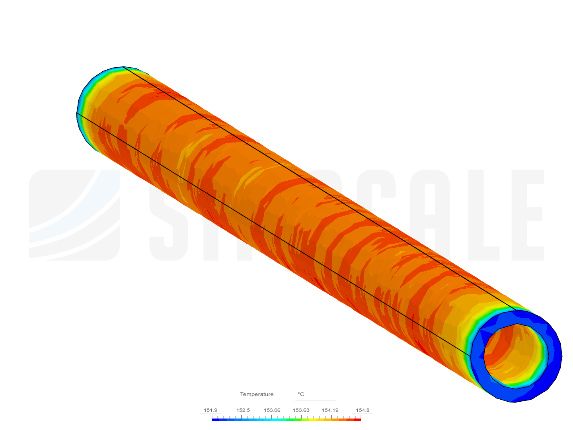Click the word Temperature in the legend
point(257,394)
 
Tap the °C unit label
point(301,394)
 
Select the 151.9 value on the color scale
point(210,410)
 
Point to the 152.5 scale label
point(243,410)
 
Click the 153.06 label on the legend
point(272,410)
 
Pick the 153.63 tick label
point(301,410)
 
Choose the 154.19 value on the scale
point(330,410)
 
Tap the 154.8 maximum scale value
point(363,410)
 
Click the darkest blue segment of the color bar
point(215,419)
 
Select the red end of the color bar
point(358,419)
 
